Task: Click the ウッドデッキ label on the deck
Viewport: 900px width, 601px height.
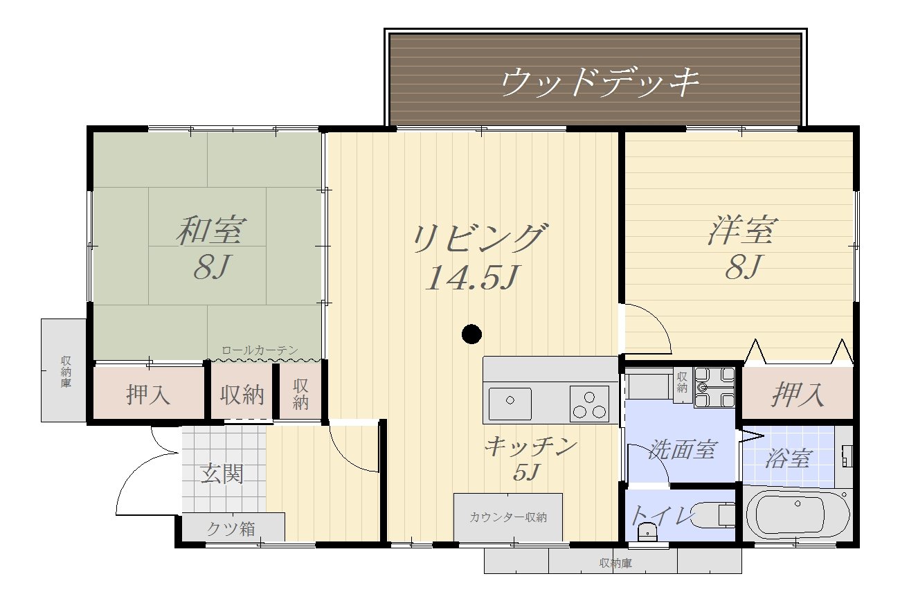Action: pos(600,82)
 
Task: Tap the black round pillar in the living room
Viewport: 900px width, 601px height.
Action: pos(471,334)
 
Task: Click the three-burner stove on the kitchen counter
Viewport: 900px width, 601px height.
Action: pos(589,403)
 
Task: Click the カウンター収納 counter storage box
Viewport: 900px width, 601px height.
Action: pos(507,517)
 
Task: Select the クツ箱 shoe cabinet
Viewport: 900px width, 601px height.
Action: pos(231,528)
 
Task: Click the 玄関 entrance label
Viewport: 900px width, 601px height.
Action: pos(222,474)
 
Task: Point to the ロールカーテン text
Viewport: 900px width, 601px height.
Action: pos(260,350)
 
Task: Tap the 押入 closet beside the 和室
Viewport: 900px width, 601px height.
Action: pos(148,395)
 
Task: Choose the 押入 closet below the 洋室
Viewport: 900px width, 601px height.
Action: pos(798,395)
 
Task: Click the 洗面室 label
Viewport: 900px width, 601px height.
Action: pos(681,450)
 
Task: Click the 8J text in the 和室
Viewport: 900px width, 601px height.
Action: pos(211,267)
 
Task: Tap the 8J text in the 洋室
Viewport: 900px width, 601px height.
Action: pos(744,267)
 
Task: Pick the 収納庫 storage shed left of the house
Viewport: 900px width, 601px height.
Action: pos(64,370)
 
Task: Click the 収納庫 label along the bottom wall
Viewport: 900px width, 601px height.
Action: pos(615,563)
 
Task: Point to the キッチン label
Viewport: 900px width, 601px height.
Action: pos(530,447)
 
